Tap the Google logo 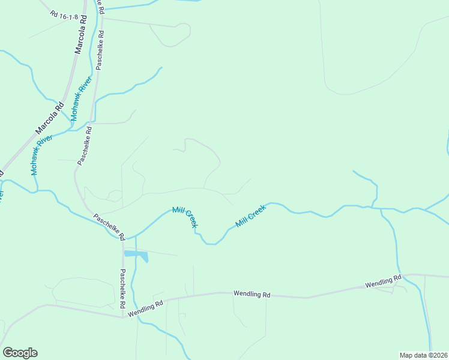(20, 353)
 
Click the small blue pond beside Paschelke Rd (137, 256)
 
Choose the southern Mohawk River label (41, 155)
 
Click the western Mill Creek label (184, 217)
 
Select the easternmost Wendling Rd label (382, 281)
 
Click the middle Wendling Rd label (252, 294)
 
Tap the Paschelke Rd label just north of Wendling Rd (122, 289)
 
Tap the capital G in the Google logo (8, 353)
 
